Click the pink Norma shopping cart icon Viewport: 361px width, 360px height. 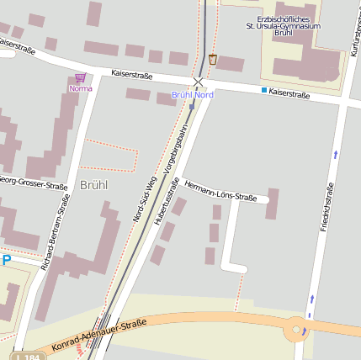click(81, 77)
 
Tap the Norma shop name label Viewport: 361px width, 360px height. click(81, 87)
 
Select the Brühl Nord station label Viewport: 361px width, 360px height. click(193, 95)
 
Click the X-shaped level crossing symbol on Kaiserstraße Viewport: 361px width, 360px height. click(199, 82)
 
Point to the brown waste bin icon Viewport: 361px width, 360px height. click(213, 60)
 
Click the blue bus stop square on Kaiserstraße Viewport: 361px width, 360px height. click(263, 90)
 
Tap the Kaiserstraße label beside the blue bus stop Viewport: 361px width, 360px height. click(289, 94)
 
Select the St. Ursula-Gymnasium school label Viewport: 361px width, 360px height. click(289, 26)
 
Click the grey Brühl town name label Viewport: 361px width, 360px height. click(94, 184)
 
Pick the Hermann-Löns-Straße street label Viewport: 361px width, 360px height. click(220, 191)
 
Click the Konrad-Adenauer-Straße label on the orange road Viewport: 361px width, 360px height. click(98, 335)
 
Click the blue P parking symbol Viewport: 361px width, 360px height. click(7, 261)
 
